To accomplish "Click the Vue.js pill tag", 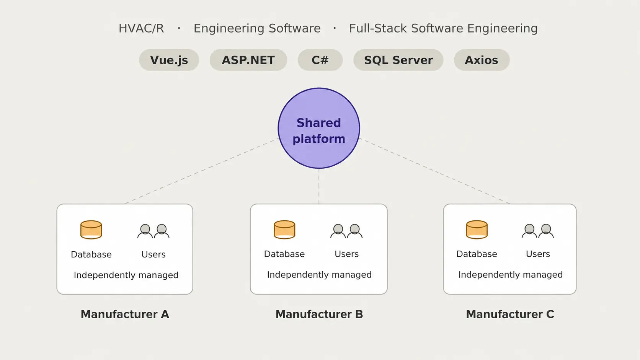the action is (x=169, y=60).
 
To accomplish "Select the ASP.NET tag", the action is (x=248, y=60).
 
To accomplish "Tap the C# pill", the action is (x=320, y=60).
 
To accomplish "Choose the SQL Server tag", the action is (x=398, y=60).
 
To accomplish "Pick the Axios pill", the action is (x=482, y=60).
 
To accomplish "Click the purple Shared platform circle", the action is (x=319, y=128).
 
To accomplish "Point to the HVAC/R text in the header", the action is (x=141, y=29).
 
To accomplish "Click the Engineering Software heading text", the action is (x=257, y=29).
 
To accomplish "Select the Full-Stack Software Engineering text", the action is (x=443, y=29).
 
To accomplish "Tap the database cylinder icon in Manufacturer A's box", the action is (x=91, y=230).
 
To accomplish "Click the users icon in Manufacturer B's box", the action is (x=346, y=231).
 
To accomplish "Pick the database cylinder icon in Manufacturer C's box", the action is (x=477, y=230).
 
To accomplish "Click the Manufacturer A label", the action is (x=125, y=314).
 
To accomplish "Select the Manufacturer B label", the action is (x=319, y=314).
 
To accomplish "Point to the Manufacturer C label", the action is (x=510, y=314).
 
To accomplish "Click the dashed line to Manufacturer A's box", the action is (x=202, y=171).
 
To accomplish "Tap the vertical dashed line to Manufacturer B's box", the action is (x=319, y=186).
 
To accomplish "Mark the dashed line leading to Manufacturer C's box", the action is (x=434, y=171).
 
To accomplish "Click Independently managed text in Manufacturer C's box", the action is (x=511, y=275).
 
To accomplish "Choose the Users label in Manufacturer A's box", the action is (x=153, y=254).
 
